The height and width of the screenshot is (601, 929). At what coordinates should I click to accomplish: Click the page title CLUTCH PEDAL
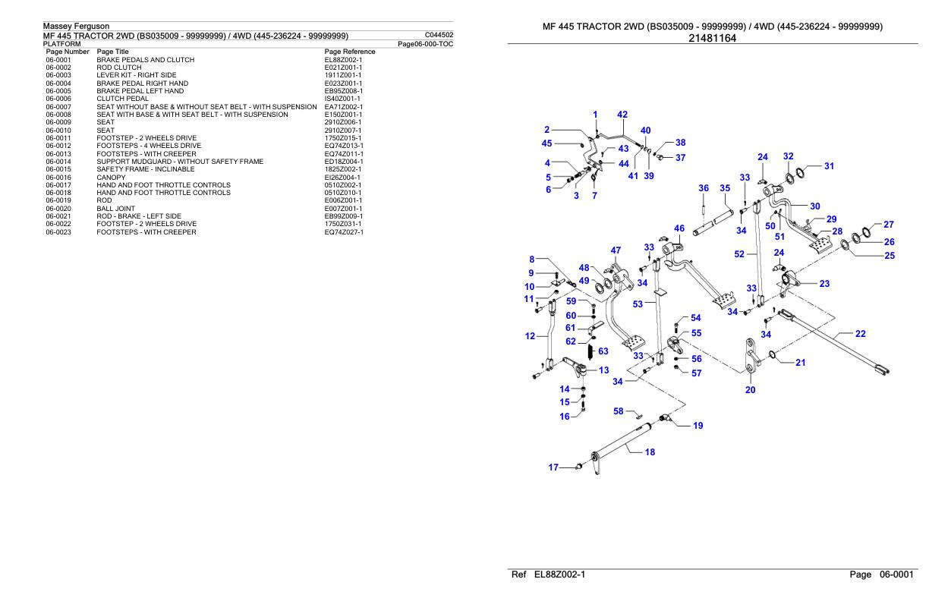(x=122, y=99)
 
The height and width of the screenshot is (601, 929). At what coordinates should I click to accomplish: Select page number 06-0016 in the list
(x=58, y=178)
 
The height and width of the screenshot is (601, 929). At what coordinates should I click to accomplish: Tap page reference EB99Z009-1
(x=343, y=216)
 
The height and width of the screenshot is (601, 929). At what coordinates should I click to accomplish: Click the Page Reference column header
(x=350, y=52)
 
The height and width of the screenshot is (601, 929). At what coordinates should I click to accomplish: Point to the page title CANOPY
(x=111, y=178)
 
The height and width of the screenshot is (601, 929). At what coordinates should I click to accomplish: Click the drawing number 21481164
(x=712, y=39)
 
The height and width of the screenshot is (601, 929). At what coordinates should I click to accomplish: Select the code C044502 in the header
(x=439, y=35)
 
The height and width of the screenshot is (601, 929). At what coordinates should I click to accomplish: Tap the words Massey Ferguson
(x=76, y=26)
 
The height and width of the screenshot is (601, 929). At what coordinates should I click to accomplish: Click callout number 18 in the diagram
(x=650, y=452)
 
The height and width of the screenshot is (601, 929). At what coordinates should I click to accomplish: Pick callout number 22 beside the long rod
(x=860, y=334)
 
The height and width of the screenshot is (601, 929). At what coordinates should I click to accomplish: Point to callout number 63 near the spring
(x=603, y=351)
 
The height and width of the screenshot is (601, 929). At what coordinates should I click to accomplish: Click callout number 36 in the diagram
(x=704, y=188)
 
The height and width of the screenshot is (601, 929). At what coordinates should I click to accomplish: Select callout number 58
(x=618, y=411)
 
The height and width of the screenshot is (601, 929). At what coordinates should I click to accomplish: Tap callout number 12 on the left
(x=530, y=336)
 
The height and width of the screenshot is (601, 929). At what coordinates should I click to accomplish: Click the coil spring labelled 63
(x=590, y=352)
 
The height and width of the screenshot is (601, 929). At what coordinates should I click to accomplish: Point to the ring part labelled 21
(x=772, y=354)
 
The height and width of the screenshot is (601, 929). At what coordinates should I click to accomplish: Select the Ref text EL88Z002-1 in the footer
(x=559, y=574)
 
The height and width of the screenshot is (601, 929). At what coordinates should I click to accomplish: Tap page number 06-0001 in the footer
(x=896, y=574)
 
